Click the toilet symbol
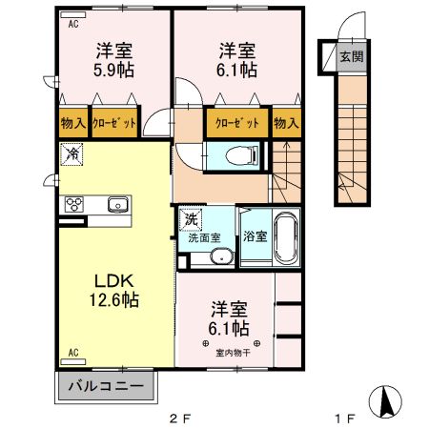pos(242,155)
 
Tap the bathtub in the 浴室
pos(287,236)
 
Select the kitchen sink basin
pos(118,204)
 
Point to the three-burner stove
pos(74,204)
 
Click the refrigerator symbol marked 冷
pos(71,154)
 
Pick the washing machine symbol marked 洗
pos(191,219)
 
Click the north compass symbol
pos(385,401)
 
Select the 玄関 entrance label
pos(351,57)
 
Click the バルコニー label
pos(107,386)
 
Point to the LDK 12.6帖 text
pos(113,291)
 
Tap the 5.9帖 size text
pos(113,70)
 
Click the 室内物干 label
pos(233,353)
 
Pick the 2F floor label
pos(180,419)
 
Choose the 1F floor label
pos(345,419)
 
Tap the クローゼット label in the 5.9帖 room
pos(114,123)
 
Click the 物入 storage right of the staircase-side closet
pos(287,123)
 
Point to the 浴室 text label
pos(255,236)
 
